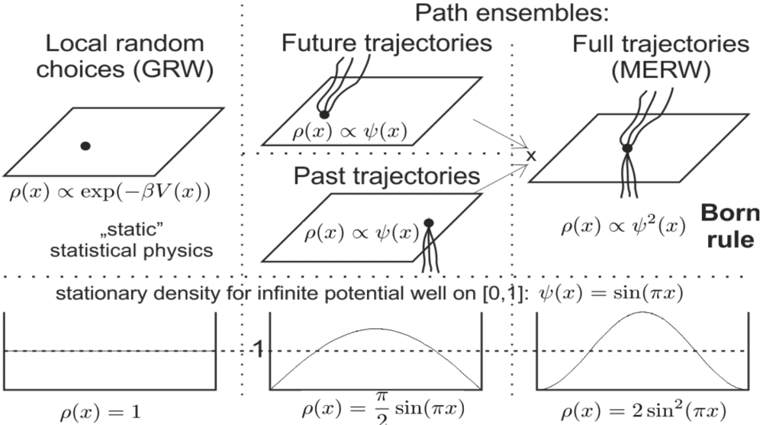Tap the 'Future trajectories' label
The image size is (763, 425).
[386, 43]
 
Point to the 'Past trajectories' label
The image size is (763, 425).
[386, 177]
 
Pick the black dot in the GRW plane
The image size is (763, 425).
[85, 145]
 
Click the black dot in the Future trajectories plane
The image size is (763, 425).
[324, 114]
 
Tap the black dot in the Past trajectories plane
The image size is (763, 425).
[429, 223]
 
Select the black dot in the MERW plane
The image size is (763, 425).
[626, 148]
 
